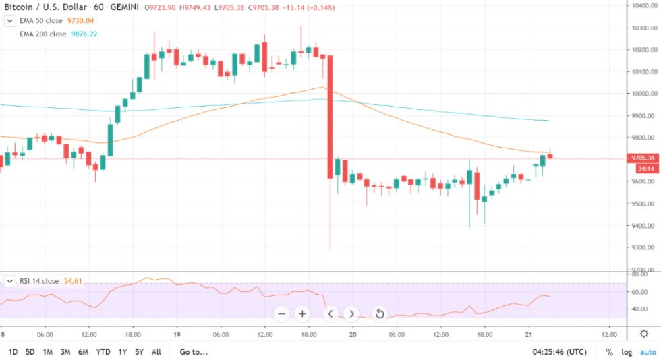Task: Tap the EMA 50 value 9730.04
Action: tap(80, 21)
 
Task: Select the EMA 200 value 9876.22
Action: tap(84, 33)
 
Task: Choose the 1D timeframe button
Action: tap(13, 352)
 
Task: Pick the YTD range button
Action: tap(103, 352)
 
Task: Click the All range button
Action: tap(156, 352)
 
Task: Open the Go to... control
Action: tap(194, 352)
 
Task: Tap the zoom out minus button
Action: tap(282, 313)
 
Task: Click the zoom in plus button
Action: tap(302, 313)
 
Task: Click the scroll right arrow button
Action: tap(351, 313)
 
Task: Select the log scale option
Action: tap(627, 352)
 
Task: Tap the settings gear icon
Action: tap(644, 334)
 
